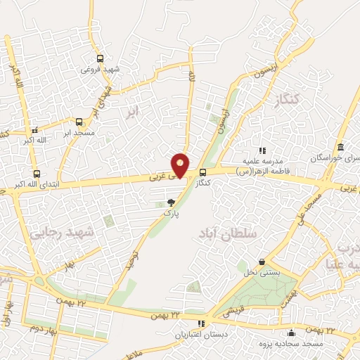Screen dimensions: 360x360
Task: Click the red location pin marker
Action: [181, 166]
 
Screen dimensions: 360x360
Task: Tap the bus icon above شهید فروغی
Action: [100, 59]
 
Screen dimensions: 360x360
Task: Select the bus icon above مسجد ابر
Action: [79, 122]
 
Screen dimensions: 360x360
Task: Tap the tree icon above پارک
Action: [172, 202]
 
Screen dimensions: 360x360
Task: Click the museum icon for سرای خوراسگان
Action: [341, 148]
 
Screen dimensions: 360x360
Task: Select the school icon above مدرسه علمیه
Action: [262, 150]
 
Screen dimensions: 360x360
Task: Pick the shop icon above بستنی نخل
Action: [262, 262]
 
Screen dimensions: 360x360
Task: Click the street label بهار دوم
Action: [41, 327]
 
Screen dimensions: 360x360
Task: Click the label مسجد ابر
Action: [76, 131]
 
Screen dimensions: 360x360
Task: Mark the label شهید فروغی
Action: [101, 69]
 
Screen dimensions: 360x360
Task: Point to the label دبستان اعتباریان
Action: [199, 334]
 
